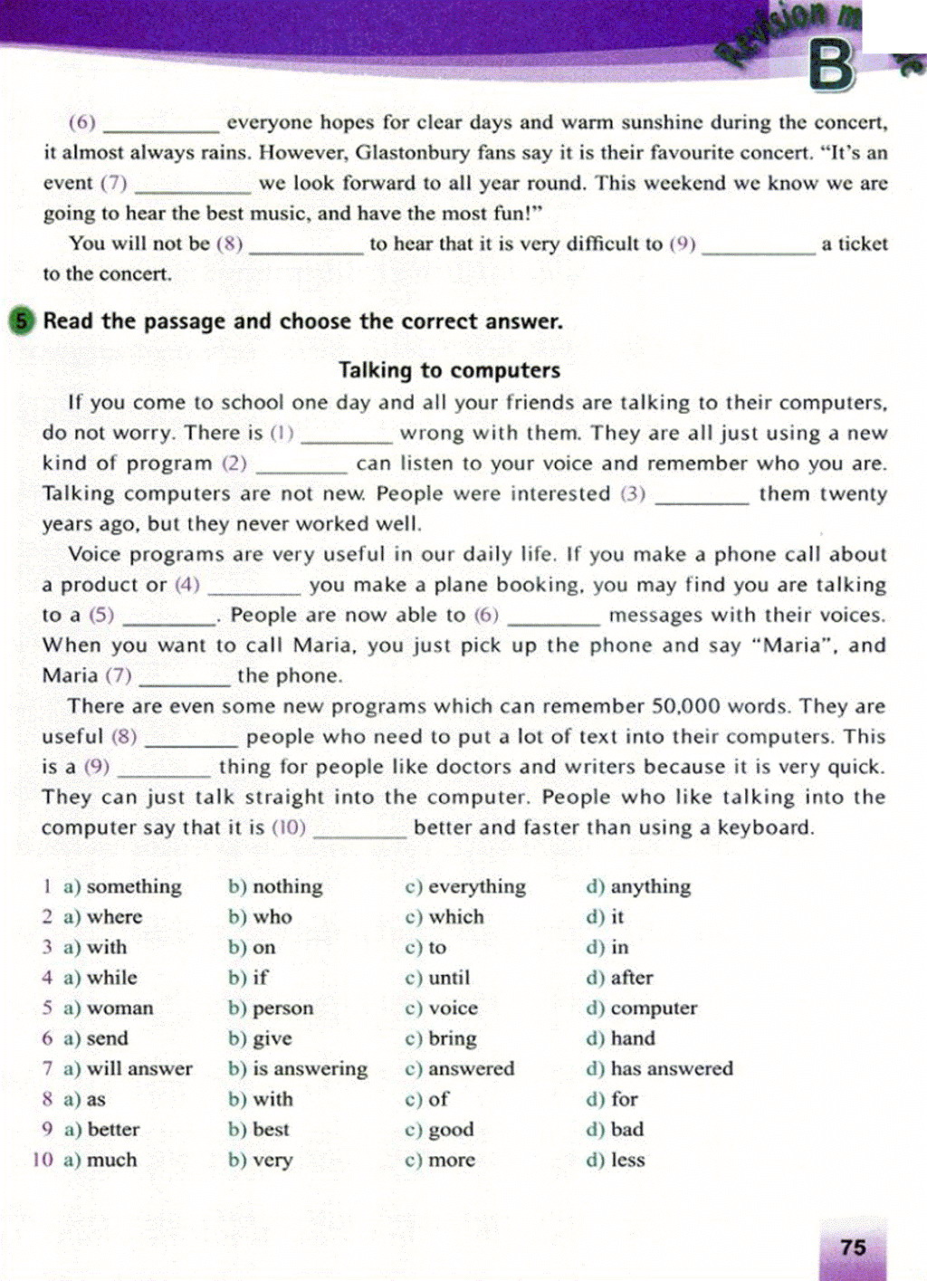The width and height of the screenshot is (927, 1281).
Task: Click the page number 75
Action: (853, 1248)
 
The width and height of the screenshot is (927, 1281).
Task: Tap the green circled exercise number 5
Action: (21, 321)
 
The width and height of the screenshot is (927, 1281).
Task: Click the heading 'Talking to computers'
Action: (449, 370)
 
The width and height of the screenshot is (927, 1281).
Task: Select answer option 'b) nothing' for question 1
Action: (275, 886)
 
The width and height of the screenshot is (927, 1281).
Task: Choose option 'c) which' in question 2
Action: (444, 917)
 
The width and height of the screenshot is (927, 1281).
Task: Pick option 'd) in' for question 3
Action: (607, 948)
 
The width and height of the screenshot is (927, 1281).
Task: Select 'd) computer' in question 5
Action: (642, 1009)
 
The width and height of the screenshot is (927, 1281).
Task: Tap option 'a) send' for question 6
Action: (96, 1038)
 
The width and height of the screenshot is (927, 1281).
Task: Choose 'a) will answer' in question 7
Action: (128, 1069)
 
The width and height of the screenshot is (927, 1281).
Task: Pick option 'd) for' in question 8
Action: (612, 1099)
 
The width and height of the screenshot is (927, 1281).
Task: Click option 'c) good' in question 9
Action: (440, 1130)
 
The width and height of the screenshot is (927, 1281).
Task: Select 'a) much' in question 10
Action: (100, 1161)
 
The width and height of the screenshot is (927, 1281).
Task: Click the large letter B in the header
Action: (832, 65)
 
